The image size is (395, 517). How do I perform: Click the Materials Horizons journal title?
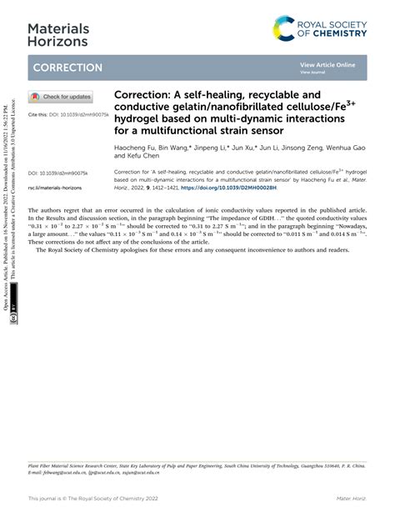[x=57, y=33]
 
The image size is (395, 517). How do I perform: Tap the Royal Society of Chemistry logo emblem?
[x=284, y=32]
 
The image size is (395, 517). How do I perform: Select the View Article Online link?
[x=327, y=64]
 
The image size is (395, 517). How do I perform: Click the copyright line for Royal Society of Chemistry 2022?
[x=93, y=499]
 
